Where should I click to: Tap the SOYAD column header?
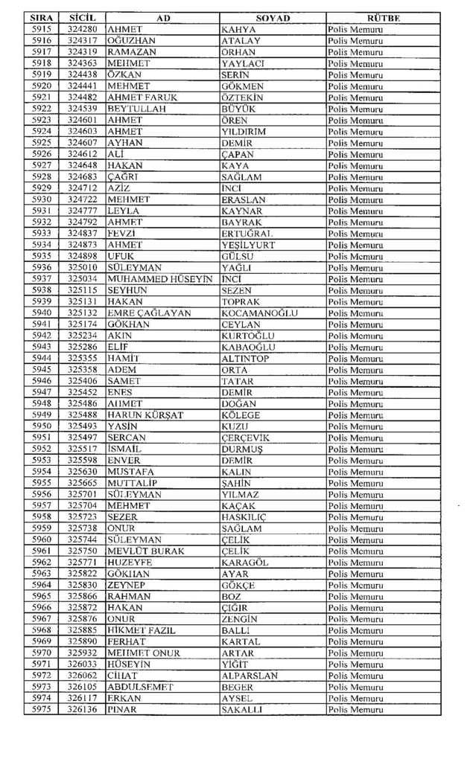tap(273, 18)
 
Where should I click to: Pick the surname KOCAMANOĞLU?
tap(260, 313)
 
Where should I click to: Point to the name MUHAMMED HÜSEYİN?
tap(160, 279)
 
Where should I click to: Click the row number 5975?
tap(42, 710)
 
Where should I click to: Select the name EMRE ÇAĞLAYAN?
tap(149, 313)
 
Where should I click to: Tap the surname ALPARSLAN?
tap(250, 676)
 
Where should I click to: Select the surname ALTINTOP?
tap(246, 359)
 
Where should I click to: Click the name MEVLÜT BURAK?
tap(146, 551)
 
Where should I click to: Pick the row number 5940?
tap(42, 313)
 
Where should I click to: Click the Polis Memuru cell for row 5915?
tap(355, 30)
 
